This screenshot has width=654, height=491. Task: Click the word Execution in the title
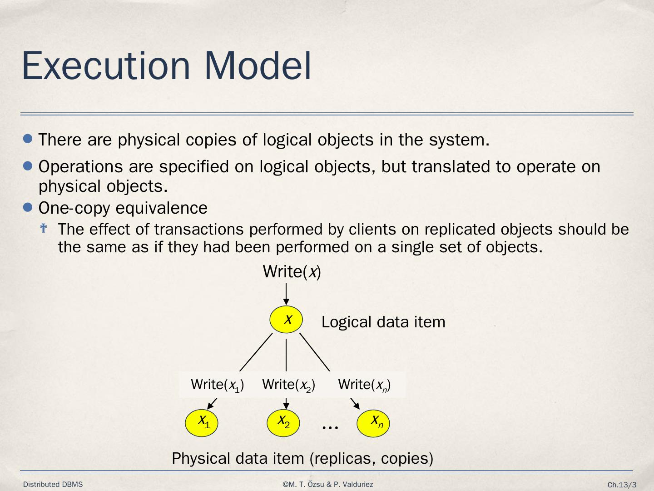tap(105, 66)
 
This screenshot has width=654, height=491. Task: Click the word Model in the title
tap(258, 66)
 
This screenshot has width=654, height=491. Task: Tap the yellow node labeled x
tap(286, 320)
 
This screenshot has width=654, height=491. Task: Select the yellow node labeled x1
tap(202, 423)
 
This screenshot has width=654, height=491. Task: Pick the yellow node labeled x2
tap(283, 423)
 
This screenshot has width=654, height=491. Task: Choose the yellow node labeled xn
tap(373, 423)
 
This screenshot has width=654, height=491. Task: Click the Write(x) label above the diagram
tap(292, 272)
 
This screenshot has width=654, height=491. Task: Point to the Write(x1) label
tap(217, 385)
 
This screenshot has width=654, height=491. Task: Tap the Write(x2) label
tap(288, 385)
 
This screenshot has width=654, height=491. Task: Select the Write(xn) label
tap(364, 385)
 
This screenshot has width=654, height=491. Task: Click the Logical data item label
tap(383, 322)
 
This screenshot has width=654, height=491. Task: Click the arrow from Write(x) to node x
tap(286, 294)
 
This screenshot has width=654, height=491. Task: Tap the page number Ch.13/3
tap(622, 485)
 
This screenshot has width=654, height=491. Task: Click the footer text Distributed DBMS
tap(53, 485)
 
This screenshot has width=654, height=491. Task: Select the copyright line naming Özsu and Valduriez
tap(327, 485)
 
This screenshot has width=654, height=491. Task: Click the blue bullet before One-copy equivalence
tap(28, 208)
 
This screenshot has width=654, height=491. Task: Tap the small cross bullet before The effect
tap(44, 228)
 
